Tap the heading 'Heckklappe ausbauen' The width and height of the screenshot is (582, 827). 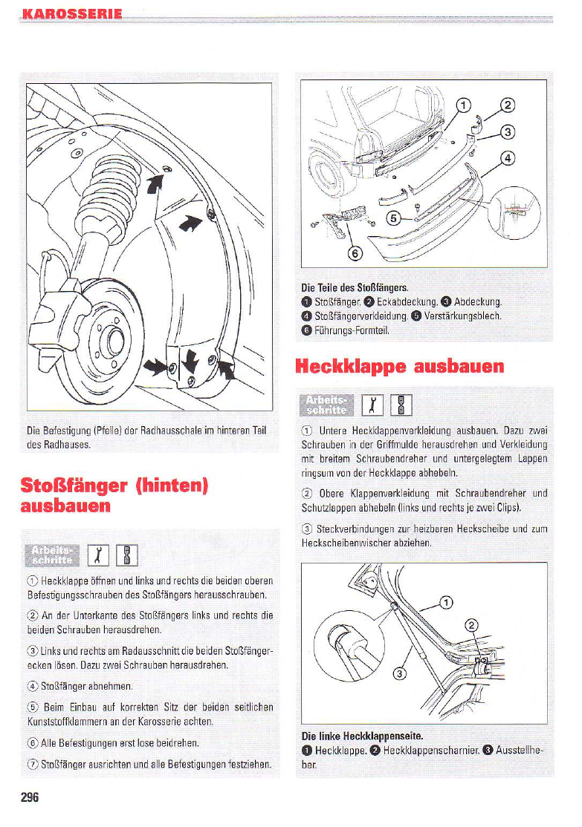click(400, 366)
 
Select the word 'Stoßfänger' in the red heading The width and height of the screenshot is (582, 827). click(72, 486)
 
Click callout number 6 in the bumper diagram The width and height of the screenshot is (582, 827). click(355, 254)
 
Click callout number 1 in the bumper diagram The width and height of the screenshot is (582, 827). click(462, 105)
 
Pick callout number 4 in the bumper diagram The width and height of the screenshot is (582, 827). click(508, 158)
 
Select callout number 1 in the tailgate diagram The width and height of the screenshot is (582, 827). click(446, 602)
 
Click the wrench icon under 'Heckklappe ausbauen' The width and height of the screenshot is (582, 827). click(371, 405)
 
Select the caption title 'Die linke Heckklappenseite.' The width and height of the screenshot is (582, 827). click(362, 736)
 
